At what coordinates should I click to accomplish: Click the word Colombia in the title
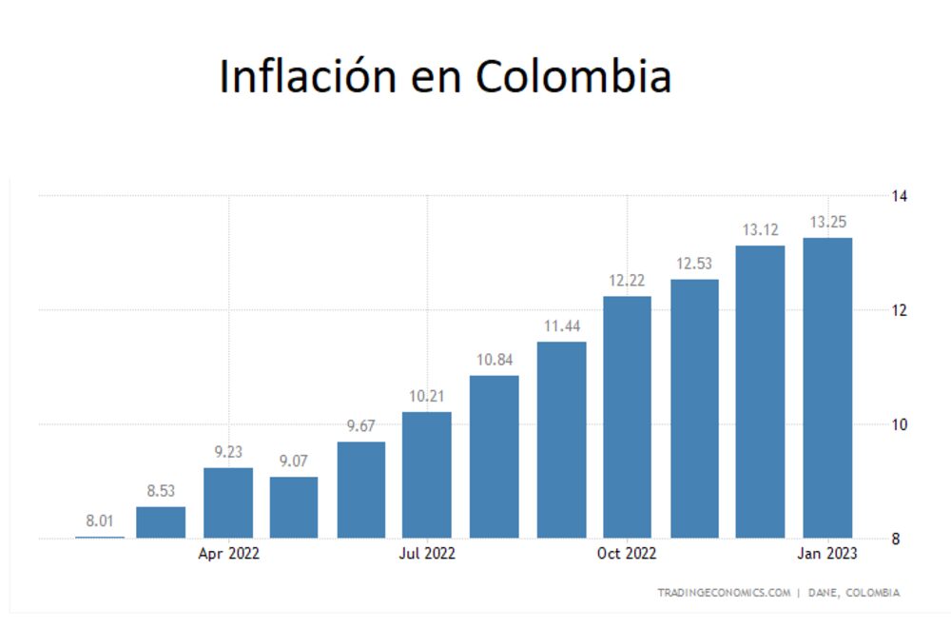(573, 76)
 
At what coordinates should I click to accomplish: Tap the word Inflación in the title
(309, 76)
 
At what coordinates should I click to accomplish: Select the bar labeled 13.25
(827, 387)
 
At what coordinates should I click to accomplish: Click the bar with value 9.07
(294, 507)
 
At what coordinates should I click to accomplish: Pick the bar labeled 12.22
(627, 417)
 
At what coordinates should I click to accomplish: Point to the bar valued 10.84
(494, 457)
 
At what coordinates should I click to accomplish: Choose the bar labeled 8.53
(161, 522)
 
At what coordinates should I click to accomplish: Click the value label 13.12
(760, 229)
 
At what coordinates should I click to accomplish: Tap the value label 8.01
(100, 521)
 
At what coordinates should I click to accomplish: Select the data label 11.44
(561, 325)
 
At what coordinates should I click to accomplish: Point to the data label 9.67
(361, 426)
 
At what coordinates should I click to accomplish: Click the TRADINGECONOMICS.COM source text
(724, 593)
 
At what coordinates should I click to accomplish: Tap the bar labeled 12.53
(694, 408)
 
